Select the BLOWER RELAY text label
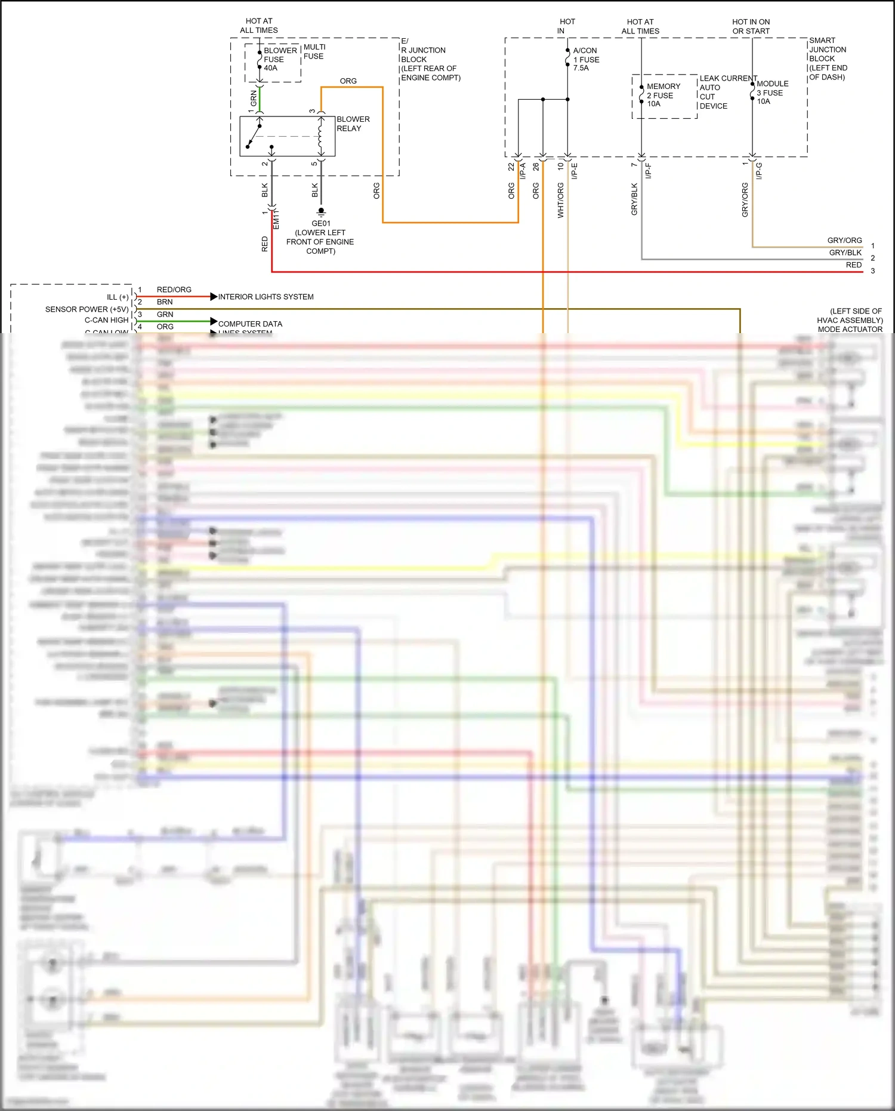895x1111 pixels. pyautogui.click(x=353, y=124)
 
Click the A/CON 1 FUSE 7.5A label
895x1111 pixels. pyautogui.click(x=586, y=59)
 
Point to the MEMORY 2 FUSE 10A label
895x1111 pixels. pyautogui.click(x=662, y=95)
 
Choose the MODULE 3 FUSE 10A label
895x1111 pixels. pyautogui.click(x=771, y=93)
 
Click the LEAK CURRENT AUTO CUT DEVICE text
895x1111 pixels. pyautogui.click(x=727, y=92)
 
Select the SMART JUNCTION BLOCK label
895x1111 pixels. pyautogui.click(x=827, y=59)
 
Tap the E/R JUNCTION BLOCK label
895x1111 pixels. pyautogui.click(x=430, y=59)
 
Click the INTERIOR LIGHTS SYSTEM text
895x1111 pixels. pyautogui.click(x=266, y=297)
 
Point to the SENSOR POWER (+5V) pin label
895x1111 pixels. pyautogui.click(x=87, y=309)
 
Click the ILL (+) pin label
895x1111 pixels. pyautogui.click(x=118, y=297)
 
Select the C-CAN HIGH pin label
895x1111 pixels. pyautogui.click(x=106, y=320)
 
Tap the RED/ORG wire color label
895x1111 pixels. pyautogui.click(x=174, y=290)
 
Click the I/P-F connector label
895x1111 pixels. pyautogui.click(x=648, y=171)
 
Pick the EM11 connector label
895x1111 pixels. pyautogui.click(x=276, y=219)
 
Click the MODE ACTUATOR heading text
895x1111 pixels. pyautogui.click(x=850, y=329)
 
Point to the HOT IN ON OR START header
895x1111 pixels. pyautogui.click(x=751, y=26)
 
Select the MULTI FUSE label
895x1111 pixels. pyautogui.click(x=314, y=51)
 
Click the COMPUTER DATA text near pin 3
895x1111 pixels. pyautogui.click(x=250, y=324)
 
